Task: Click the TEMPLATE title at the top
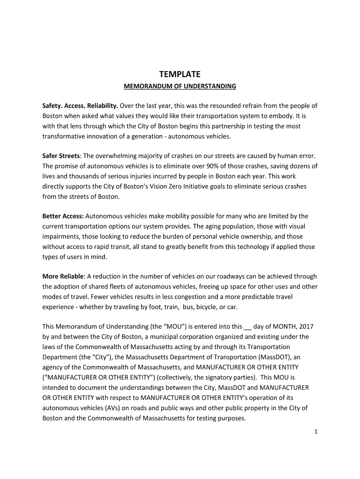click(180, 74)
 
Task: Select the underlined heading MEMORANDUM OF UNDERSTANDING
click(180, 87)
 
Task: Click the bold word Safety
click(53, 106)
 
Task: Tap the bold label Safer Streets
click(61, 156)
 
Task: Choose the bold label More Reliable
click(64, 276)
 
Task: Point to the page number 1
click(316, 432)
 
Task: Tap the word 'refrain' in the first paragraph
click(240, 106)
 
